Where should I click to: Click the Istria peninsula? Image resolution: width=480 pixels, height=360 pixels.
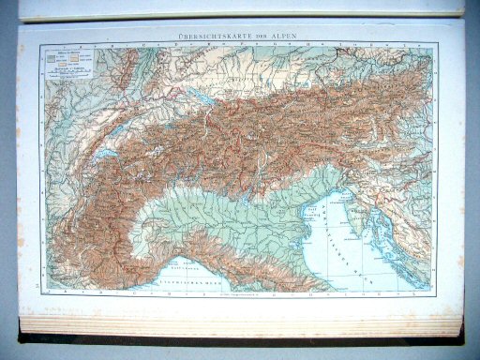(352, 216)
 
